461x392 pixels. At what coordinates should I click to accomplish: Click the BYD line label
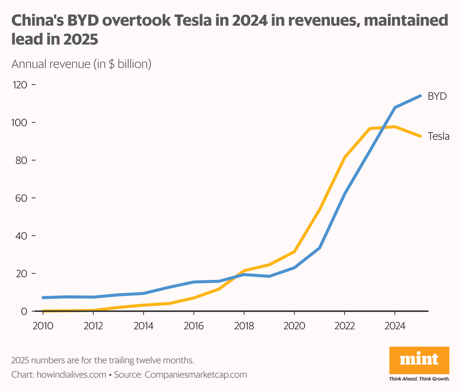437,96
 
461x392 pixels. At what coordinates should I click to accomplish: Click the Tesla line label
438,136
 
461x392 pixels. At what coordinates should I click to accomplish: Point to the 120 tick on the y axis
20,85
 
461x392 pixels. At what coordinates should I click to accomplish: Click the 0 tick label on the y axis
24,311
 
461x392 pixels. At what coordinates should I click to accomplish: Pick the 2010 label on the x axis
43,326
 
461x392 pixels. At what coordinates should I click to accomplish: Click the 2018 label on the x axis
244,326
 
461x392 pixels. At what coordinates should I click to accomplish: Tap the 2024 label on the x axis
394,326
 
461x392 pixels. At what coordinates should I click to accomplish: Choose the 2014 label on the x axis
144,326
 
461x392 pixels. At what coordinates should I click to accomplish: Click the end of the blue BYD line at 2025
420,96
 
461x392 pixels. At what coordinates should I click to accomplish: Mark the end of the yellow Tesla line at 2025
420,136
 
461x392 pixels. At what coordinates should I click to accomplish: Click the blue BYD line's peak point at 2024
395,108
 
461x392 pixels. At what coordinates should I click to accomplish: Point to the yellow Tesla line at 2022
345,157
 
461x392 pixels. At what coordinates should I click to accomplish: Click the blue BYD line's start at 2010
43,298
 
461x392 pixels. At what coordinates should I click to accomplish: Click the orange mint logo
419,360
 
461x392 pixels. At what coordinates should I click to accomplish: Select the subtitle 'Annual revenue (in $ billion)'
81,64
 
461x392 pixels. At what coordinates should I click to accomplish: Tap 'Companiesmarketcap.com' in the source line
196,375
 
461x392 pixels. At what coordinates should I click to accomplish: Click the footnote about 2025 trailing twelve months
103,360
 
